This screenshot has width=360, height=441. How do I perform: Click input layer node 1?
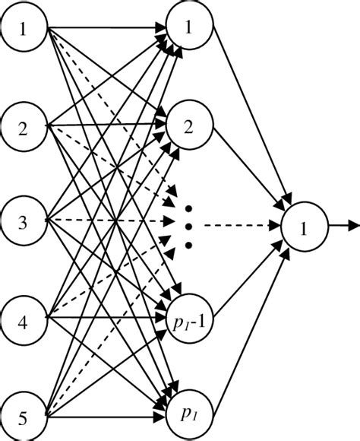(24, 30)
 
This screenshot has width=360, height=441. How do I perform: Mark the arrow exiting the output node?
(343, 226)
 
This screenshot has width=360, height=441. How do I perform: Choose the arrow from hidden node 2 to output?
(251, 171)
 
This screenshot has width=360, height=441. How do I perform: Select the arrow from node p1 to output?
(251, 327)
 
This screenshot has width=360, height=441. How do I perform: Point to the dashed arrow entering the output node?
(243, 226)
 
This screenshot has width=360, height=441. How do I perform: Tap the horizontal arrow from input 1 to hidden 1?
(106, 30)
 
